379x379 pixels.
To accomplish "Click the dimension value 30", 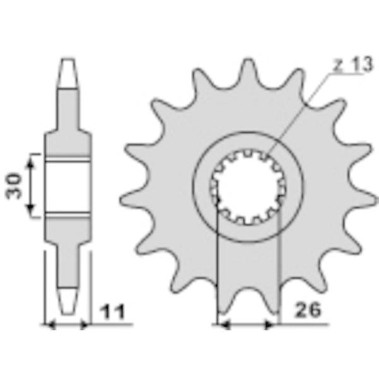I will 14,185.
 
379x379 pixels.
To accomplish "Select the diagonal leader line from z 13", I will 297,114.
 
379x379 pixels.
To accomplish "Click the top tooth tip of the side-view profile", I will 67,66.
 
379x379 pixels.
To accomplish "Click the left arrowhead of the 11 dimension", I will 51,325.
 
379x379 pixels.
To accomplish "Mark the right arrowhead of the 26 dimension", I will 273,325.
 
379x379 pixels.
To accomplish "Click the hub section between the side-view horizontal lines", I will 67,185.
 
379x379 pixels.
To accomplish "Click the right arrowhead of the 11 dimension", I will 84,325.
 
